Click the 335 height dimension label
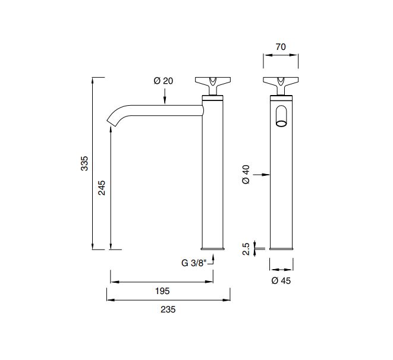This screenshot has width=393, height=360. coord(84,163)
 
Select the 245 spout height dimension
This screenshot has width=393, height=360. coord(102,188)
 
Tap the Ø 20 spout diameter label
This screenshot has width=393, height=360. coord(163,81)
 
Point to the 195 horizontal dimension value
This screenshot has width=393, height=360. coord(162,291)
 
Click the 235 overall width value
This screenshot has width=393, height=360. coord(168,310)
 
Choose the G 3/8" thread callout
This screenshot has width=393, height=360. coord(194,263)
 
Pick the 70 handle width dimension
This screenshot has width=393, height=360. coord(281,47)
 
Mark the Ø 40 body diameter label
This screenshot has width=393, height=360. coord(246,175)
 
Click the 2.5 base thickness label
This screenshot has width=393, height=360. coord(246,249)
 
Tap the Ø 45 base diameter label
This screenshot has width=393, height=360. coord(281,280)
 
